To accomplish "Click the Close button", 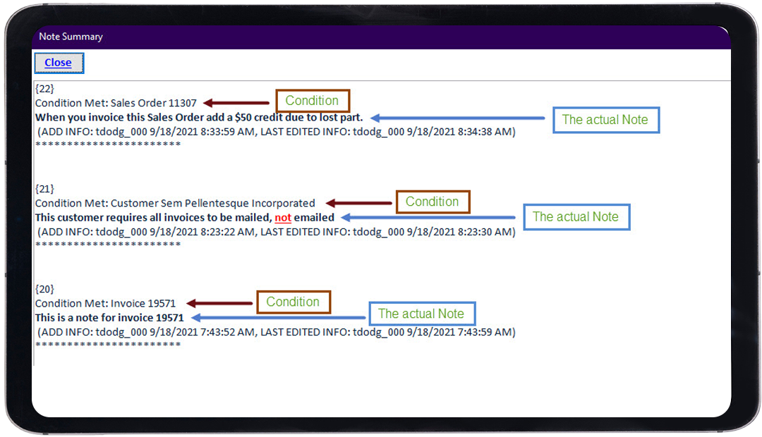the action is tap(59, 63).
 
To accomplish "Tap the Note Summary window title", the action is tap(71, 37).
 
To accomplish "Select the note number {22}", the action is tap(44, 88).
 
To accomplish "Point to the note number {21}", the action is tap(44, 188).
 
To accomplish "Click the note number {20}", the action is tap(44, 289).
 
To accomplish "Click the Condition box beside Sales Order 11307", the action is tap(313, 101).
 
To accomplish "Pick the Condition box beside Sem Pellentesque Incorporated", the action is tap(433, 202).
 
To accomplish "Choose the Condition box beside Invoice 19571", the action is tap(294, 302).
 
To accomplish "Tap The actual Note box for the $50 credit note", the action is tap(606, 120).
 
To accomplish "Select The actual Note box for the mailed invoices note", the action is tap(576, 217).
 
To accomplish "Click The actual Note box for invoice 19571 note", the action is tap(422, 314).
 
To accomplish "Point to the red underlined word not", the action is tap(283, 218).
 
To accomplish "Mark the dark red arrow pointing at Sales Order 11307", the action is tap(236, 103).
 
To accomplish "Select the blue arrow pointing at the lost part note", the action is tap(458, 118).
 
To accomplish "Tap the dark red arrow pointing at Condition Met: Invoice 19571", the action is tap(219, 304).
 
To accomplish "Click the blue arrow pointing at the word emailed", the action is tap(428, 218).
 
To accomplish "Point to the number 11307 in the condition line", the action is tap(182, 103).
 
